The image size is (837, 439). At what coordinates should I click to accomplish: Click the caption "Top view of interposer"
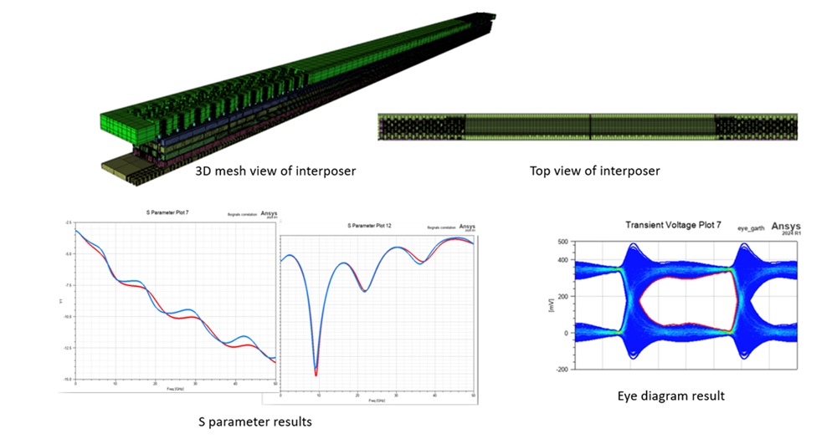click(594, 171)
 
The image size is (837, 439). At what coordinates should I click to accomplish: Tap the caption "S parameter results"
click(259, 421)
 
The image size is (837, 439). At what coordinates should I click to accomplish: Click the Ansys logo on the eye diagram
click(785, 226)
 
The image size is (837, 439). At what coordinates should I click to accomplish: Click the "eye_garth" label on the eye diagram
click(751, 227)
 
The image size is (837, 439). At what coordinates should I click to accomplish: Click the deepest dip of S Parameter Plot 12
click(316, 375)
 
